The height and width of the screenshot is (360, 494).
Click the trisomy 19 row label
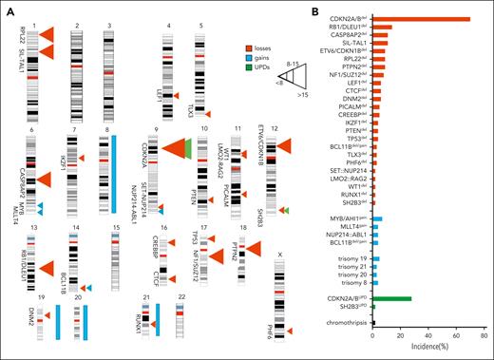point(351,257)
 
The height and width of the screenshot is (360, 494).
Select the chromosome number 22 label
point(180,297)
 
